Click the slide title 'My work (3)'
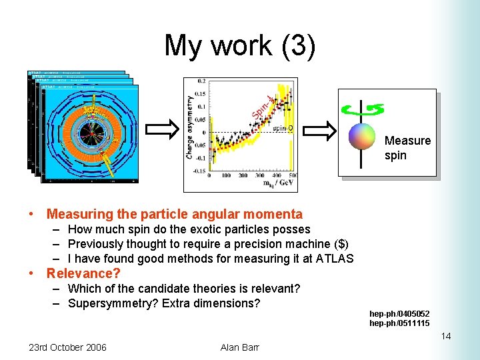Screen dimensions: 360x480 [x=239, y=45]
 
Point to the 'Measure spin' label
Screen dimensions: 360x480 [x=407, y=148]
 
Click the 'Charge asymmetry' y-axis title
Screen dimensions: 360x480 [x=190, y=127]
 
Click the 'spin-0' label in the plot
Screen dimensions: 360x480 [x=282, y=128]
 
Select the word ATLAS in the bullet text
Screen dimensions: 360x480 [x=333, y=259]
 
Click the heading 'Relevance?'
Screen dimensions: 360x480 [x=83, y=273]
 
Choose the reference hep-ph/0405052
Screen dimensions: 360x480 [x=399, y=314]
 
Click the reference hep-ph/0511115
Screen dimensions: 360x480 [x=399, y=323]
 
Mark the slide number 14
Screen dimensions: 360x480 [x=445, y=336]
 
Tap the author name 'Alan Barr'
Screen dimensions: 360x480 [x=239, y=347]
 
